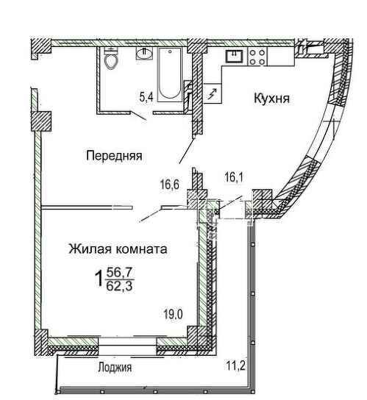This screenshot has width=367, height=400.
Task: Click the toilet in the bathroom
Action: click(111, 59)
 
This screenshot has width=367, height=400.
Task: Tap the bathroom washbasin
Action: click(144, 54)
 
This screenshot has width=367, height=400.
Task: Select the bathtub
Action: click(169, 74)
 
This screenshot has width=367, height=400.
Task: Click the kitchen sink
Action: click(234, 57)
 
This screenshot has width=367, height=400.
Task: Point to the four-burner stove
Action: click(257, 57)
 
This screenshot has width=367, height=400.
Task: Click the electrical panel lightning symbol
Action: click(213, 93)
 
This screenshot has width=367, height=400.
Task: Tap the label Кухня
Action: click(272, 99)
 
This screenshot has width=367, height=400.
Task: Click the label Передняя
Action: click(114, 156)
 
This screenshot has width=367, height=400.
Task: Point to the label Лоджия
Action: click(115, 368)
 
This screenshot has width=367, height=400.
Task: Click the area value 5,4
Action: click(146, 97)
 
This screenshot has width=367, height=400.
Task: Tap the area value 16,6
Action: click(170, 185)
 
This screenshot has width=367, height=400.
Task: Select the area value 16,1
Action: click(234, 177)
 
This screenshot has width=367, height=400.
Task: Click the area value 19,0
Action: click(173, 314)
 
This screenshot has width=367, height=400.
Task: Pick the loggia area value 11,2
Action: click(235, 366)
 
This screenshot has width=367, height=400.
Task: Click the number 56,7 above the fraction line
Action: click(120, 273)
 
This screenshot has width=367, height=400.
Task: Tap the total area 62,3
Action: click(120, 286)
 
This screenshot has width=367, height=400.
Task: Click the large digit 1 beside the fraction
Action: click(99, 279)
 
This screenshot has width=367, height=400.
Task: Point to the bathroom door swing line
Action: click(138, 115)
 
